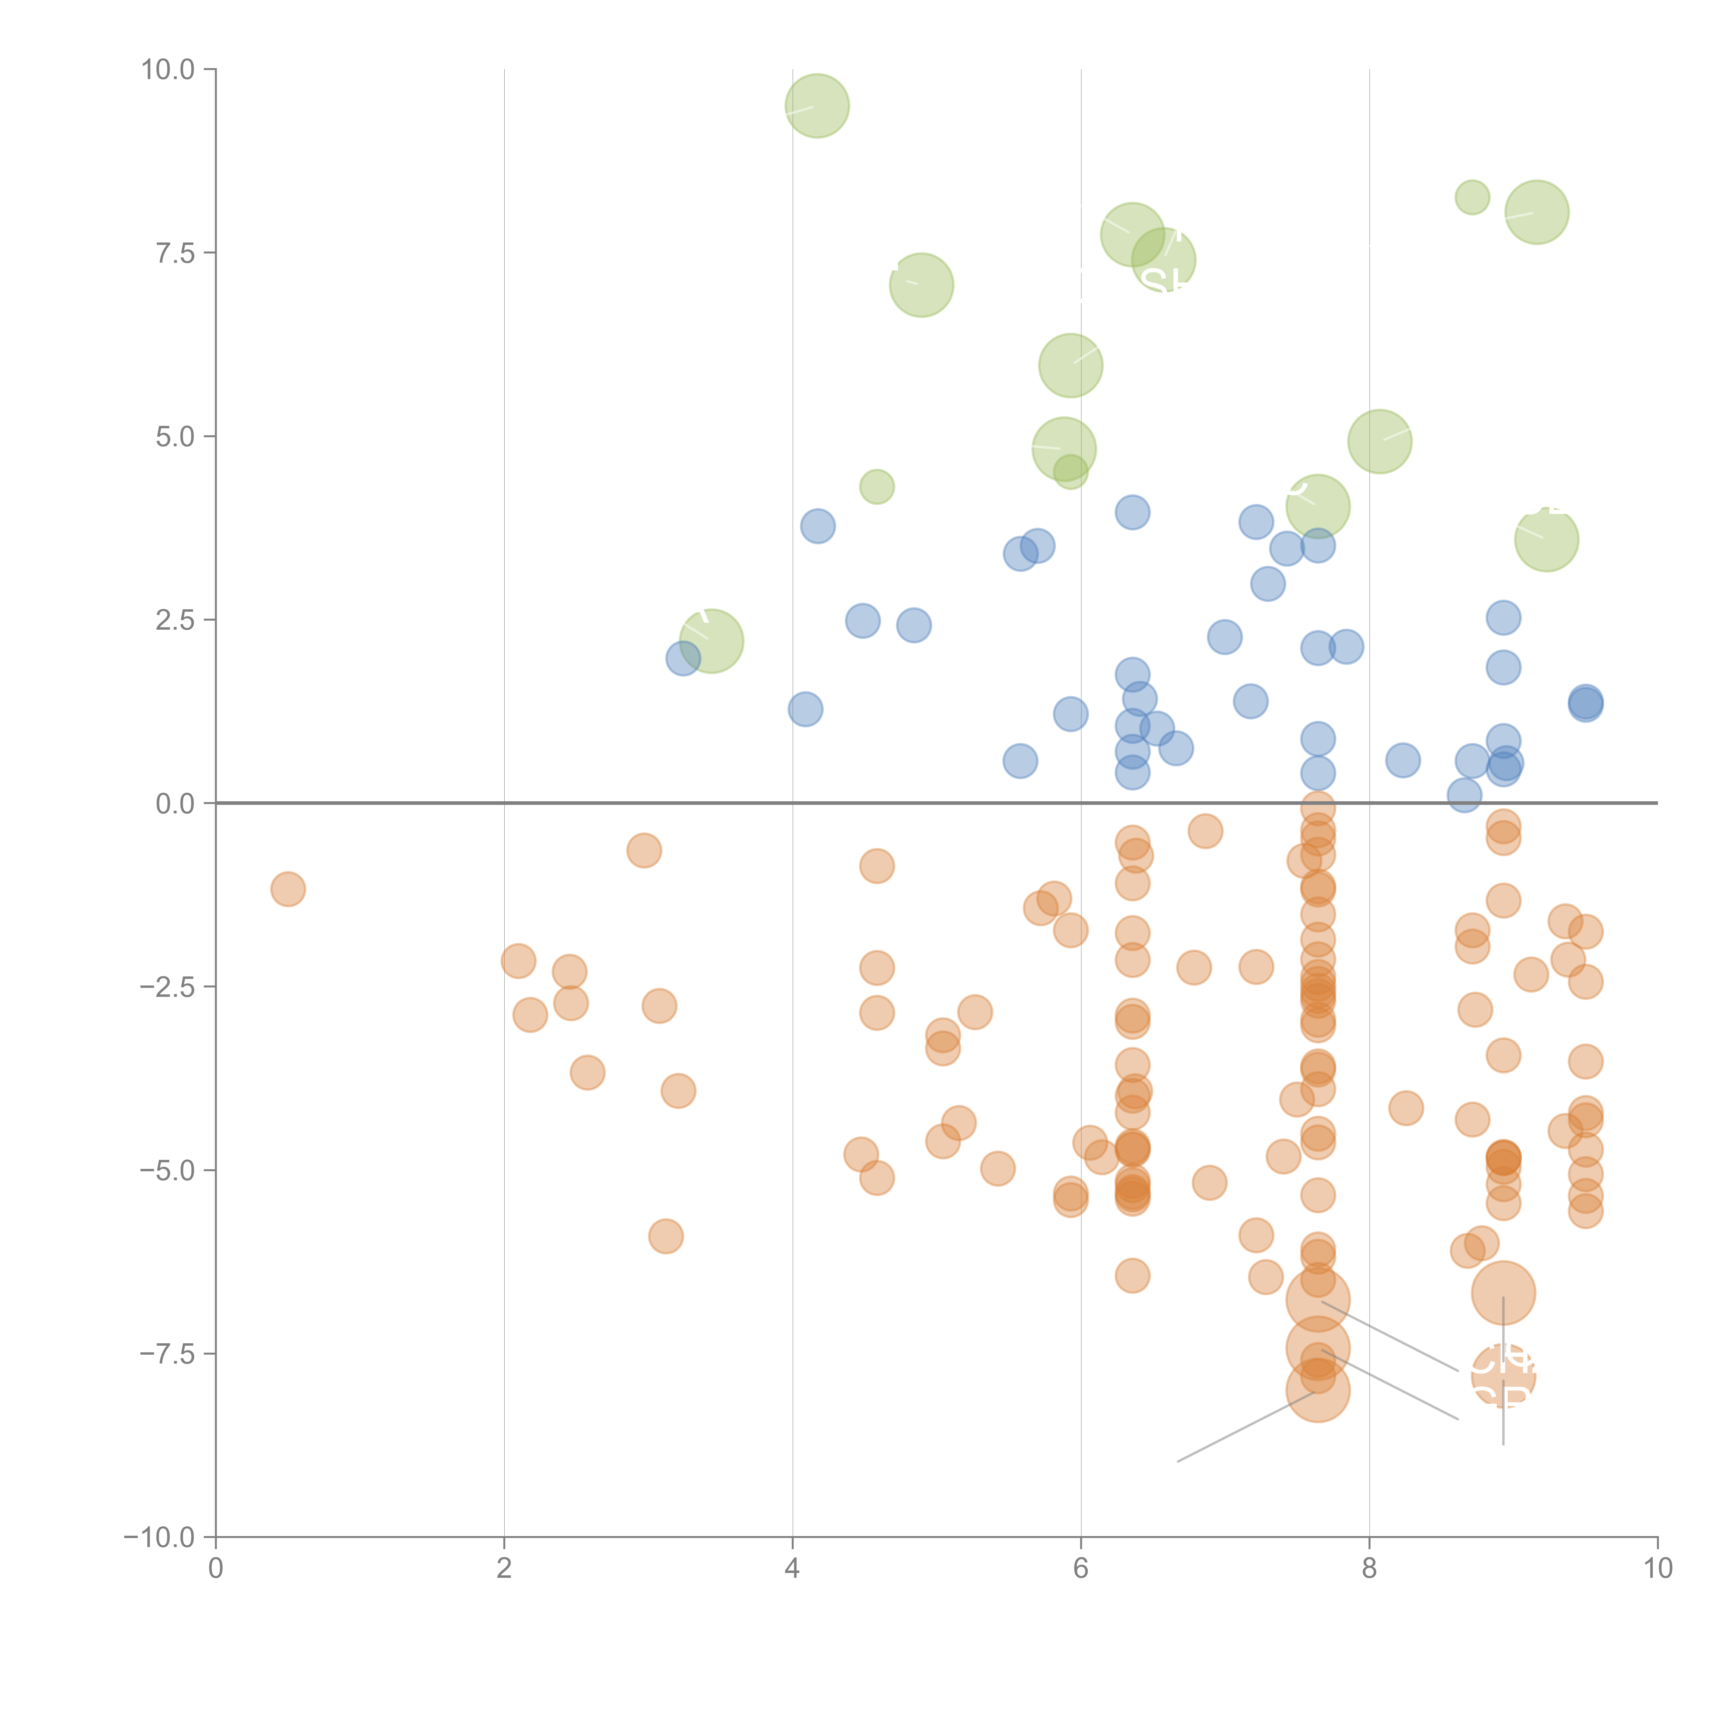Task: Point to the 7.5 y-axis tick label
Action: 175,253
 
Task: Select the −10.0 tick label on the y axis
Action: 159,1537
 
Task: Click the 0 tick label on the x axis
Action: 216,1569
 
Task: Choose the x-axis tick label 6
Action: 1081,1569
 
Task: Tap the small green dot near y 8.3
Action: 1472,197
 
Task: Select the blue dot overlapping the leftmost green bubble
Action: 683,659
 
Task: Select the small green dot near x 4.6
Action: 877,486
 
